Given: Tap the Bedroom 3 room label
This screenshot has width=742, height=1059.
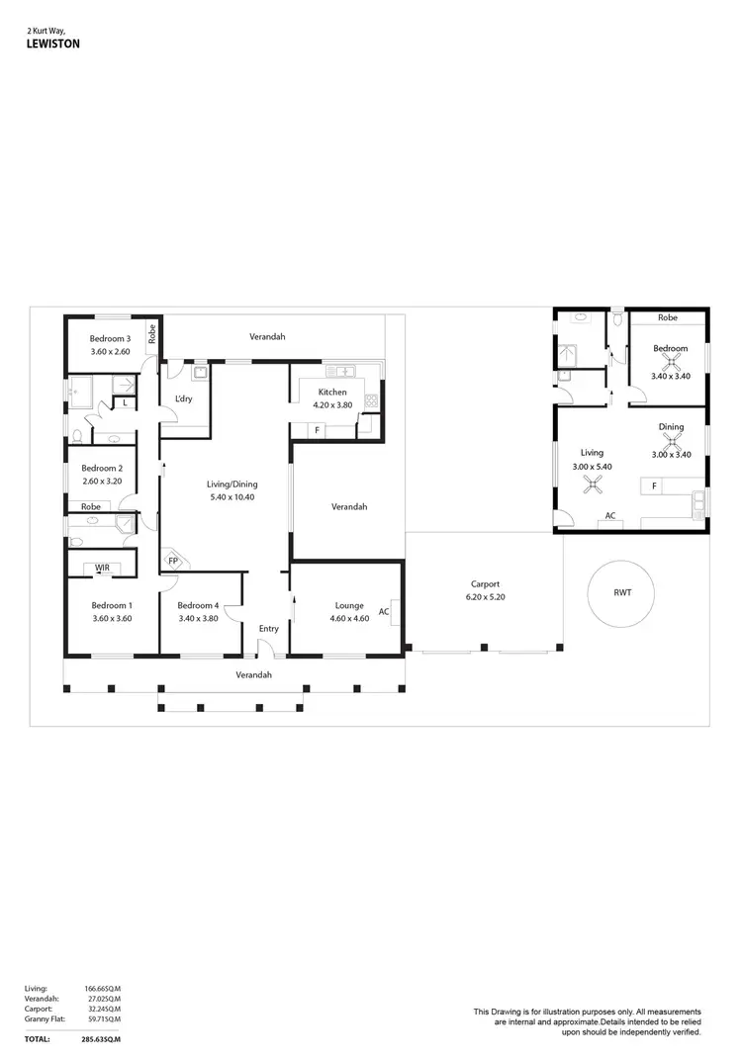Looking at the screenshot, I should (110, 339).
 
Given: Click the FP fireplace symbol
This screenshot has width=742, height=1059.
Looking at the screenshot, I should (173, 561).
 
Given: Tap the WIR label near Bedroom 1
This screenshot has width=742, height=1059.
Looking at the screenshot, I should (102, 568).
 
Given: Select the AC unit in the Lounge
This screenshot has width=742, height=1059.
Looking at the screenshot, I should (384, 611).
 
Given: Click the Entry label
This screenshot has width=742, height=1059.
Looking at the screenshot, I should (269, 629).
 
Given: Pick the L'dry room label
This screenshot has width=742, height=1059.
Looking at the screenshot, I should (183, 398).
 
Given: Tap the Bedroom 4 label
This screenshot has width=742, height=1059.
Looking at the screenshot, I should (198, 605).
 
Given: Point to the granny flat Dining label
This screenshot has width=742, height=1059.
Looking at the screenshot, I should (672, 427).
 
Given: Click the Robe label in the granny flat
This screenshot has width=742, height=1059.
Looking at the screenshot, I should (668, 318).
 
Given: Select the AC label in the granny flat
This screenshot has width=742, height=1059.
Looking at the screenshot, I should (610, 516).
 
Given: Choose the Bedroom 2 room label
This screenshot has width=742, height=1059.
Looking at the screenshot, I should (102, 468).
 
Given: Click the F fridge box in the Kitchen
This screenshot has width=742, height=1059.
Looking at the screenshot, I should (317, 430).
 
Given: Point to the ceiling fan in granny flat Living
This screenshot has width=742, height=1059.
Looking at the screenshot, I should (594, 484).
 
